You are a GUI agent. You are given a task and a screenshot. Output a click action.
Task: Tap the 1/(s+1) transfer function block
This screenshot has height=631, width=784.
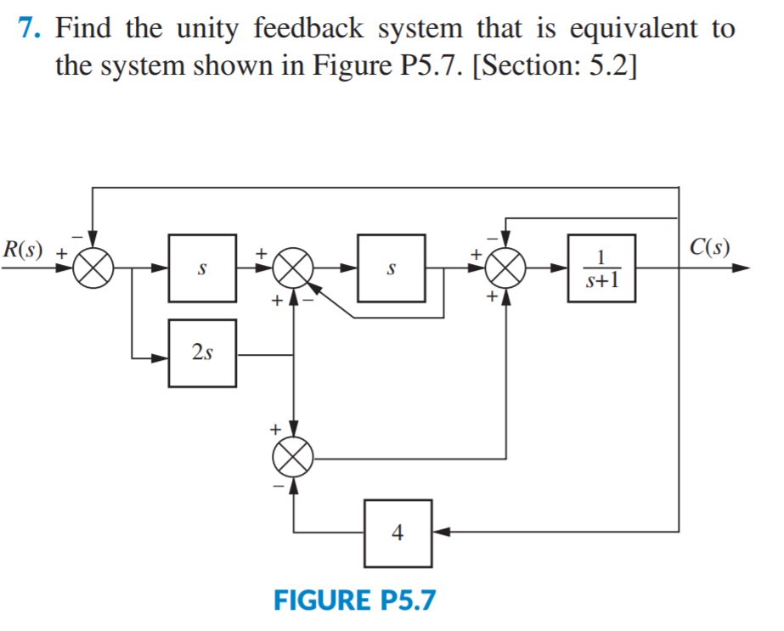click(601, 268)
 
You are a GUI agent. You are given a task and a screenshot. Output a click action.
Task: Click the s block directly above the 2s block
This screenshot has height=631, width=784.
click(202, 268)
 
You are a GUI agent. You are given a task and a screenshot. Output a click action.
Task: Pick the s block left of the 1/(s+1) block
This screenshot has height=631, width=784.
click(391, 268)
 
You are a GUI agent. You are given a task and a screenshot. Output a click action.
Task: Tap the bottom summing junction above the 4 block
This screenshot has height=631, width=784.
click(294, 459)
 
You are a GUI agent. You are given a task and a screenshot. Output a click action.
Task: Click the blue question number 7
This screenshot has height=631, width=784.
click(29, 29)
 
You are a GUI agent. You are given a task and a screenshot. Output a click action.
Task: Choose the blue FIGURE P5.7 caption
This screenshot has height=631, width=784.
click(354, 600)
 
